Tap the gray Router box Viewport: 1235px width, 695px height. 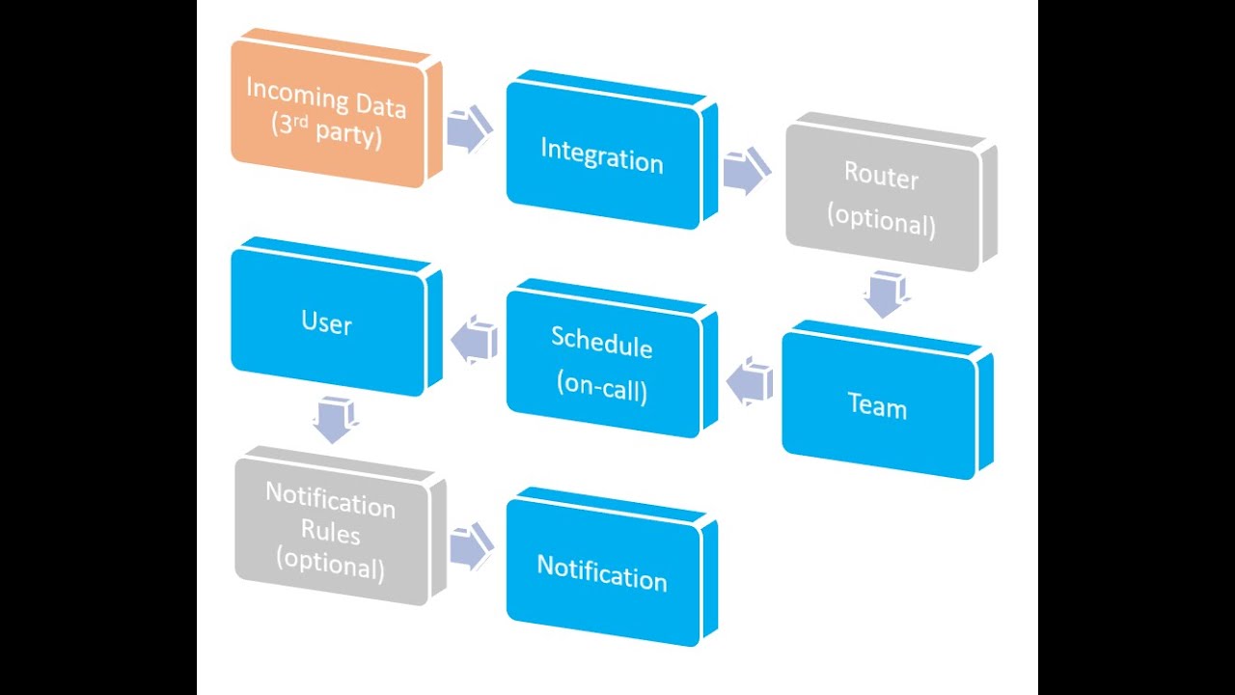click(x=883, y=198)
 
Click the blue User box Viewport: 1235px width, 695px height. click(x=328, y=321)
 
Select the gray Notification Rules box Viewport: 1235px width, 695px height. click(x=330, y=531)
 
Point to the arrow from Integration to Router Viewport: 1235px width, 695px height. click(x=745, y=171)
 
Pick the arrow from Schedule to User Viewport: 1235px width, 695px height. click(x=475, y=341)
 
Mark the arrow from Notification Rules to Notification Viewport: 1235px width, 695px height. click(x=471, y=547)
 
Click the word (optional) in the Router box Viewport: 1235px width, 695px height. click(x=882, y=222)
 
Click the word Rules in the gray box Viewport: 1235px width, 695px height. click(x=330, y=532)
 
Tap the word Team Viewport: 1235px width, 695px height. click(x=877, y=406)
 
